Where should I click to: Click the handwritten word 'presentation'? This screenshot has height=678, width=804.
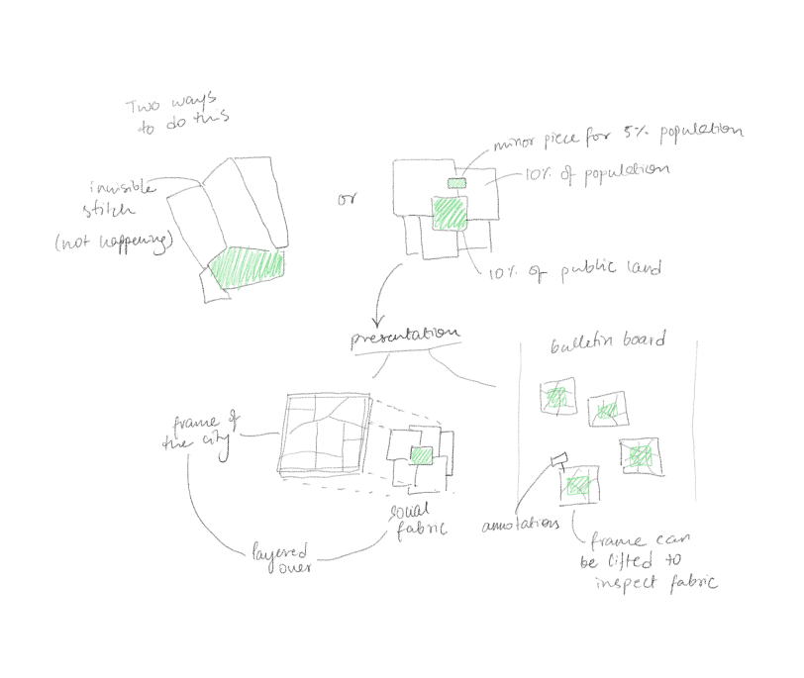click(404, 338)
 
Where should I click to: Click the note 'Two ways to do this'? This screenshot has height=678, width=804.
click(177, 114)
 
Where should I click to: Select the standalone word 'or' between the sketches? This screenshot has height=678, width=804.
click(347, 201)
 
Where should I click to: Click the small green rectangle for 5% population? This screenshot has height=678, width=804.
click(455, 184)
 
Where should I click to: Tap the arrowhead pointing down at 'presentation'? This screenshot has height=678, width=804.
click(377, 320)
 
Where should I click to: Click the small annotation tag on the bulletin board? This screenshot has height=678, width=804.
click(558, 457)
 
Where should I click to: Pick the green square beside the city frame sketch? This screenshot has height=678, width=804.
click(422, 454)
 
